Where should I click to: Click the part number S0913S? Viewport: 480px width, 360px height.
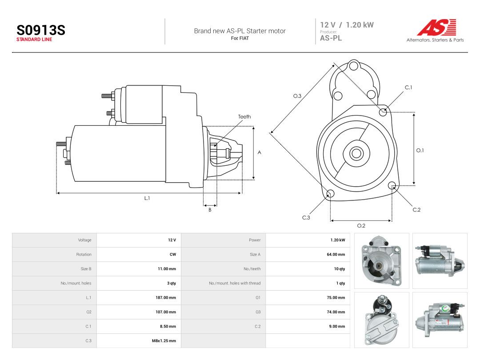tap(41, 30)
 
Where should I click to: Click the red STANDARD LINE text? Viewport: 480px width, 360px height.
tap(34, 40)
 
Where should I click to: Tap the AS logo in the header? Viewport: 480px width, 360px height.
tap(436, 28)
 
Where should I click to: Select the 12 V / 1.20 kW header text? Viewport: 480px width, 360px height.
tap(347, 25)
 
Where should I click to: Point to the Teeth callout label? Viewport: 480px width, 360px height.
tap(244, 116)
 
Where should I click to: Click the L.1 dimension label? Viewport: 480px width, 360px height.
tap(147, 198)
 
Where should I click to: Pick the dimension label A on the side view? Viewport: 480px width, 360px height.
tap(259, 152)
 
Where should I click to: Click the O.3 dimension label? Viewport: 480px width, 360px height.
tap(297, 96)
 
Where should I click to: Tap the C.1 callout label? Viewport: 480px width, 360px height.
tap(408, 87)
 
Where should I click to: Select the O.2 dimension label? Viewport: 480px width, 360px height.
tap(361, 226)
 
